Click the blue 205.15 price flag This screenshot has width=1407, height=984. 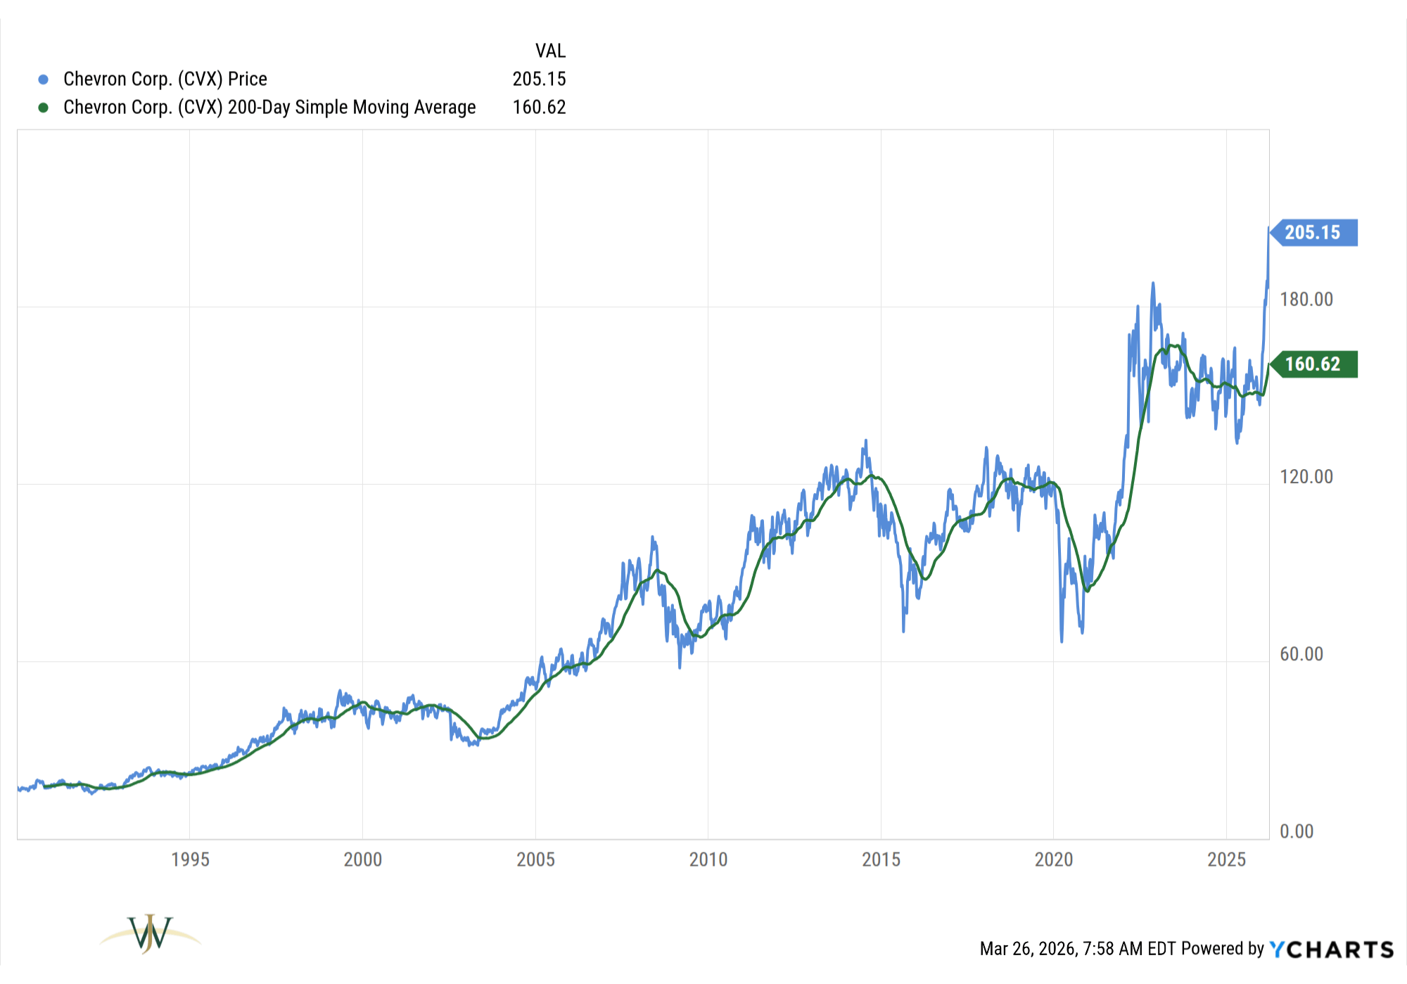click(x=1313, y=233)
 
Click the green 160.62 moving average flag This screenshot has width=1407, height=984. click(x=1313, y=364)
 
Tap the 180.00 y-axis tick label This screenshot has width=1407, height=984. click(x=1306, y=300)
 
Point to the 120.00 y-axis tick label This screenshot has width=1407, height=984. click(x=1306, y=477)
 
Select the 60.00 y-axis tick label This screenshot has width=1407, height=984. click(x=1301, y=654)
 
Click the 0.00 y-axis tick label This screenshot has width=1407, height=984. click(x=1297, y=831)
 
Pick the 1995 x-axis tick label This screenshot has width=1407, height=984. click(x=190, y=860)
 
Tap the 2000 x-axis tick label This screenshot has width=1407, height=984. click(x=362, y=860)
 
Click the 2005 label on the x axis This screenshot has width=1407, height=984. click(x=535, y=860)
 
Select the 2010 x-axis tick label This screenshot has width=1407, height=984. click(x=708, y=860)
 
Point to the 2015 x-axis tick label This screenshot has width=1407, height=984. click(x=881, y=860)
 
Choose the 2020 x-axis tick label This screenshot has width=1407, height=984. click(x=1053, y=860)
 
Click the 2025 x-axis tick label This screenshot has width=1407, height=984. click(x=1226, y=860)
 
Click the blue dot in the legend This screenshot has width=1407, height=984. click(x=44, y=79)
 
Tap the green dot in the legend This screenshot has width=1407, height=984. click(x=44, y=108)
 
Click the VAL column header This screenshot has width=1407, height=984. click(x=550, y=51)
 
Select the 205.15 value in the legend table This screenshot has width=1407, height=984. click(x=539, y=79)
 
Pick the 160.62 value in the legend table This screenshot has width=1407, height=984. click(x=539, y=108)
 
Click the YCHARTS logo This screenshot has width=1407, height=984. click(x=1331, y=950)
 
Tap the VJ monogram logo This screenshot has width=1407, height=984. click(x=150, y=934)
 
